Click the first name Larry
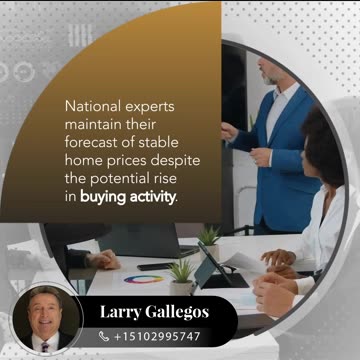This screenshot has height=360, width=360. point(124,312)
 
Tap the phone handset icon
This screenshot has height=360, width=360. point(104,337)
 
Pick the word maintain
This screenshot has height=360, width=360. point(93,122)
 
